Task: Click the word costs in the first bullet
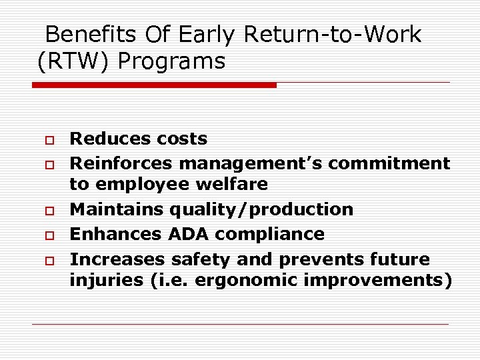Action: [181, 139]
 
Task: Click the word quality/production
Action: [261, 209]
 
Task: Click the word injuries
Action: [104, 281]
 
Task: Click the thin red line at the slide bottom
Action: [241, 325]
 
